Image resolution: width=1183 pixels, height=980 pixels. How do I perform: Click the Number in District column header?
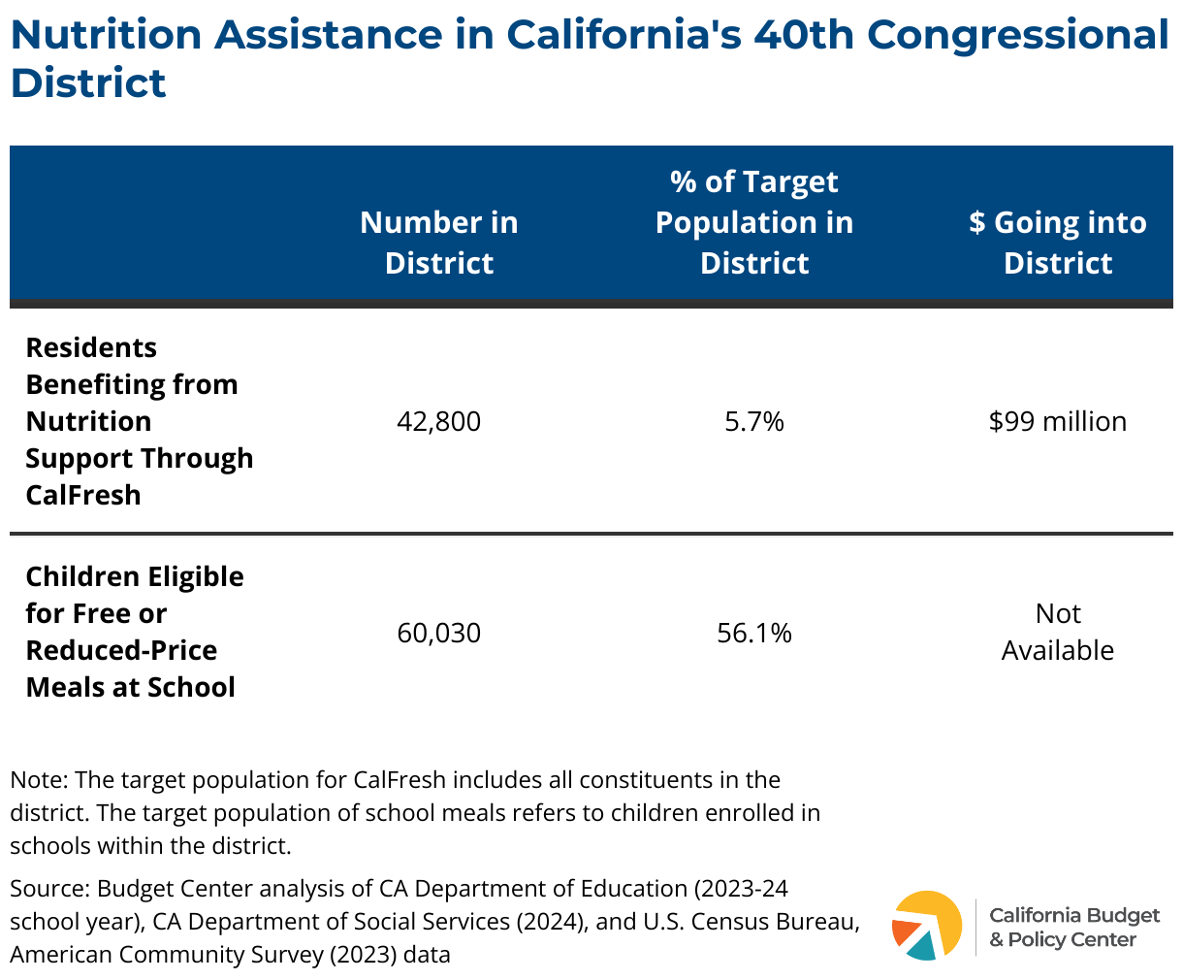(438, 243)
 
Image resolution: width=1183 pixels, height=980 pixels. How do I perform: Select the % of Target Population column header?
(754, 222)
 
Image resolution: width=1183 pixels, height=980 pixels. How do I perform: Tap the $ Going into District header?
(1057, 243)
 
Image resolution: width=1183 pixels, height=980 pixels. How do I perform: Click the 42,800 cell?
(438, 421)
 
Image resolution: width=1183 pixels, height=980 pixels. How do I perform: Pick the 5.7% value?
(754, 421)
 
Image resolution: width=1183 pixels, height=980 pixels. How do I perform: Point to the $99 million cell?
(1057, 421)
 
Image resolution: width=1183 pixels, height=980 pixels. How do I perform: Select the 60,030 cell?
(438, 633)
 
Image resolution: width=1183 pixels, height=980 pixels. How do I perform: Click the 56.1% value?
(754, 633)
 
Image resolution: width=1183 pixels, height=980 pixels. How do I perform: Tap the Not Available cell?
(1057, 632)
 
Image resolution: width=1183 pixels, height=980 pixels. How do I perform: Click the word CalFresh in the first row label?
(83, 495)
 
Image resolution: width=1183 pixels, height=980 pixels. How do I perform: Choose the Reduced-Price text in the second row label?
(121, 650)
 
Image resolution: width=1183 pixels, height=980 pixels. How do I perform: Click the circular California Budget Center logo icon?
(927, 925)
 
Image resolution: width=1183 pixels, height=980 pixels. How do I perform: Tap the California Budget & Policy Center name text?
(1073, 927)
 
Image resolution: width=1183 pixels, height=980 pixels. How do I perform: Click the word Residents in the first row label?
(91, 347)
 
